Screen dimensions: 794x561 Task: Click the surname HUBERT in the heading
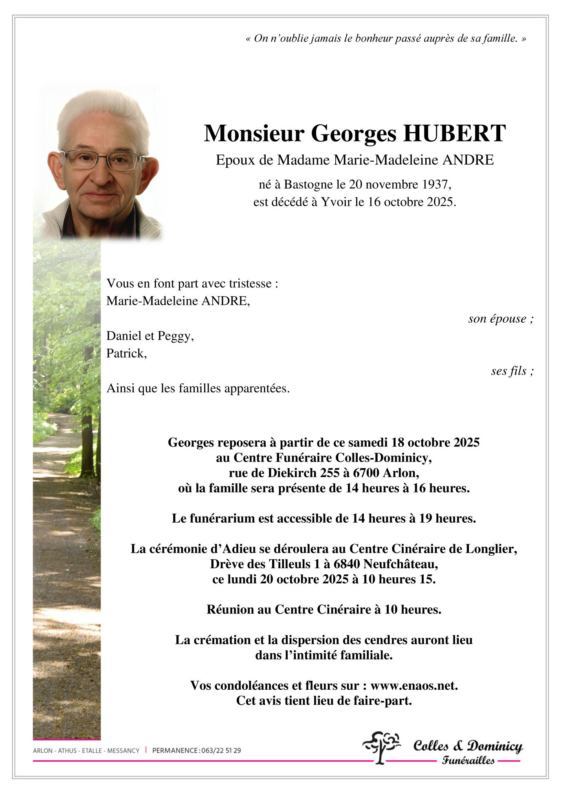454,133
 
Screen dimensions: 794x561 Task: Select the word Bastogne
308,185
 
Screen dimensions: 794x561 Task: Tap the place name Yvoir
336,202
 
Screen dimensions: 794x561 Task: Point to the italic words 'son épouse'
497,319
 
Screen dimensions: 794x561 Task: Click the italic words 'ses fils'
509,371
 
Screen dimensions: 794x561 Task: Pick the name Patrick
125,353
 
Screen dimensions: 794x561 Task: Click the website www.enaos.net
413,686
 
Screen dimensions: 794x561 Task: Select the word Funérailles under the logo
468,760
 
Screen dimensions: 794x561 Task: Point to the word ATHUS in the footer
67,750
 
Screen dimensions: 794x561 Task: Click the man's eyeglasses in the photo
103,161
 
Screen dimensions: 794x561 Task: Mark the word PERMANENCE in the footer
175,750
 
